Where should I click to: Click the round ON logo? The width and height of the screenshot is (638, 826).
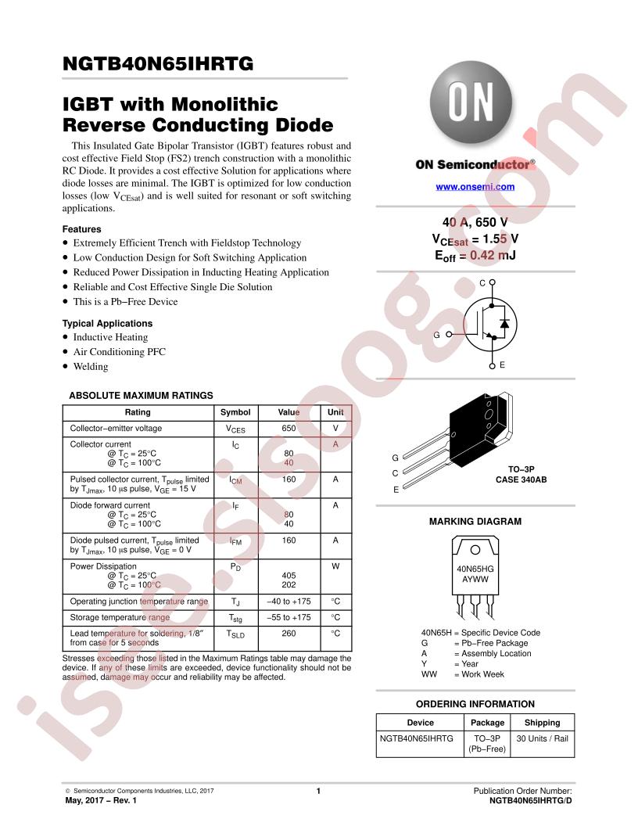471,102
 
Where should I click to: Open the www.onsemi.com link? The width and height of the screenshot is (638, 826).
475,186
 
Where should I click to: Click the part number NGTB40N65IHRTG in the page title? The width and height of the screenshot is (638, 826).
158,63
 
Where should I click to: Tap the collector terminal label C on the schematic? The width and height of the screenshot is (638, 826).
482,283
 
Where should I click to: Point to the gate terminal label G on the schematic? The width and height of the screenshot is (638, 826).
436,335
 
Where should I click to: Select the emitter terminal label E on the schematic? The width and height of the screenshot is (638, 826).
502,365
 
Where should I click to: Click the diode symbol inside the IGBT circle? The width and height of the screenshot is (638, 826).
504,324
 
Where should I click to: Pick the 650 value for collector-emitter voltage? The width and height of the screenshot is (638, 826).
289,429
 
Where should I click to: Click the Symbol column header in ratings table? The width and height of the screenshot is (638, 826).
235,412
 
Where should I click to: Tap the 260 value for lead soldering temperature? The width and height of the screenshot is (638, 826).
289,634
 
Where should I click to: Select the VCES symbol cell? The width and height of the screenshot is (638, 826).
235,429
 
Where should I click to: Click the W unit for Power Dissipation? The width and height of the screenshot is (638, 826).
335,566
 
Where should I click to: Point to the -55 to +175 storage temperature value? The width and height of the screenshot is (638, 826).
289,617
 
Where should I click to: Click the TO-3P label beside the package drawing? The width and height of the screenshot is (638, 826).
522,469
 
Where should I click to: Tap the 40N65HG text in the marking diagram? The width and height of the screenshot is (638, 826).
475,569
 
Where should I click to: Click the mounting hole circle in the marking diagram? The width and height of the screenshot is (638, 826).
475,550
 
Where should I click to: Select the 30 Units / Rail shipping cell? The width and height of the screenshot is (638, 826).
542,738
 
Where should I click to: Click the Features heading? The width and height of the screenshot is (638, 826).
81,229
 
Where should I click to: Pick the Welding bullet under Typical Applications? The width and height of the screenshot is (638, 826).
91,367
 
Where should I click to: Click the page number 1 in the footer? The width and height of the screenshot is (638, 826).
318,791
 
